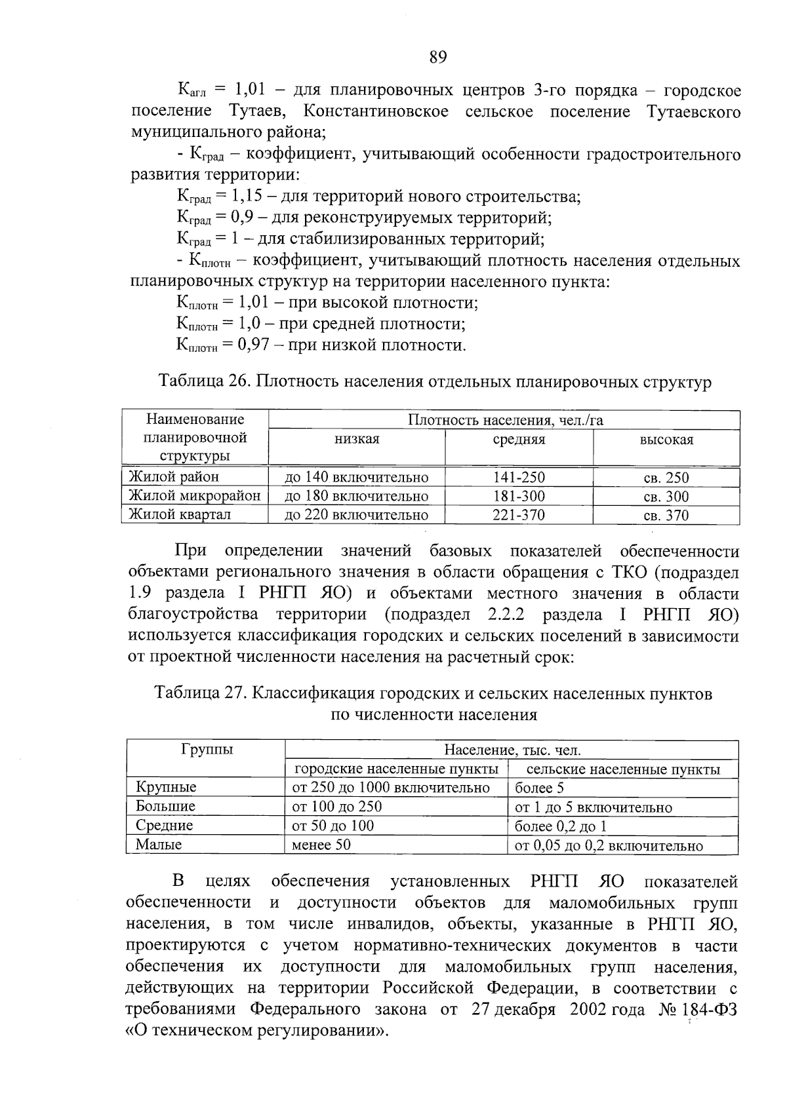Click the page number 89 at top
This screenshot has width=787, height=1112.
(x=438, y=58)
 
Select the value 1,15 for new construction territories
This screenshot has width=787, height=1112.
(x=249, y=196)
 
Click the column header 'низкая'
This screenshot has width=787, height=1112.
(x=357, y=440)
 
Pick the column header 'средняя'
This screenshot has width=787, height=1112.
(x=519, y=440)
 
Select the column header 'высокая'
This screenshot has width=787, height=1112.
(x=666, y=440)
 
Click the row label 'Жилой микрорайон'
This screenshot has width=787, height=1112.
(x=195, y=495)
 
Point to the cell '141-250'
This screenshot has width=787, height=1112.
(x=519, y=478)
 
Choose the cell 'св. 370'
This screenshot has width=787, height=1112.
(x=666, y=515)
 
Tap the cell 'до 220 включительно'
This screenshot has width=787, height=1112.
(x=356, y=515)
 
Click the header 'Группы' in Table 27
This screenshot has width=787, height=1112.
(x=206, y=750)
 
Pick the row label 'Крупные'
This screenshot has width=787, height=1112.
(x=166, y=788)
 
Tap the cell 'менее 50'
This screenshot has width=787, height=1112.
(x=321, y=845)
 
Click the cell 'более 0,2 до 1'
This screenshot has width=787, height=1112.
(x=561, y=826)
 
